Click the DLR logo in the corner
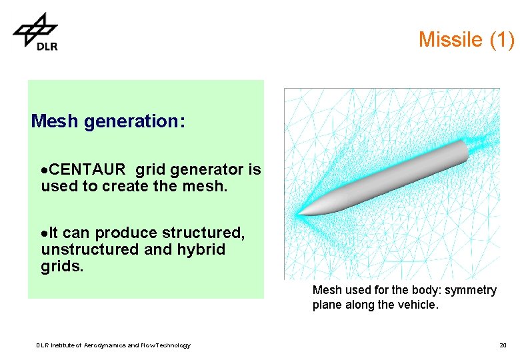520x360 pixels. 36,32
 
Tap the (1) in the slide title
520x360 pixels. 501,40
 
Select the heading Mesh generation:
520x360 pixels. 108,121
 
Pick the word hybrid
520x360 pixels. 203,250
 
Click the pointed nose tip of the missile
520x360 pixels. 299,214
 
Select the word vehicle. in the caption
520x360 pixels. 419,305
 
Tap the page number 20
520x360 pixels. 503,345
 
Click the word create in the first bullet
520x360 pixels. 124,187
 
